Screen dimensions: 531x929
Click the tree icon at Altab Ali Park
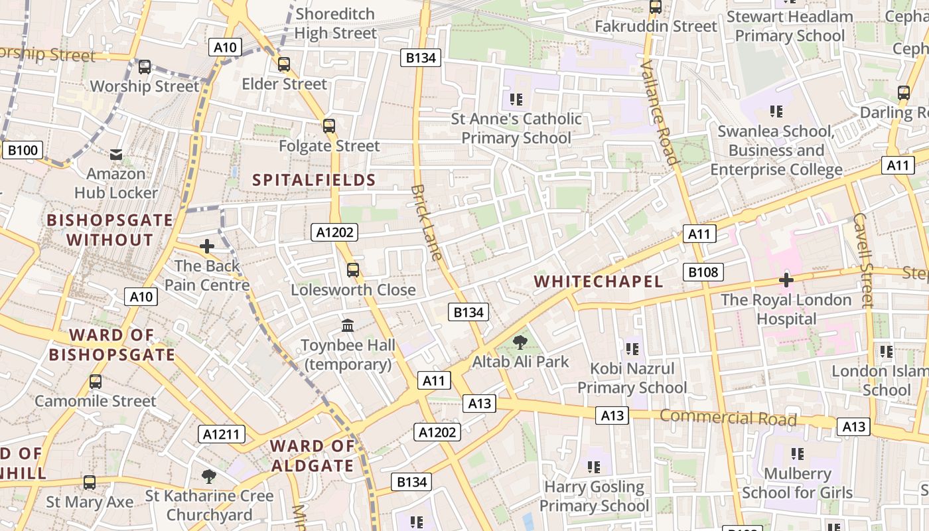(520, 342)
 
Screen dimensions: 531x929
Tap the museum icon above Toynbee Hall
(348, 325)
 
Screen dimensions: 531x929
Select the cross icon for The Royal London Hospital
(786, 280)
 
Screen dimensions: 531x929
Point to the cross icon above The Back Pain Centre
(207, 246)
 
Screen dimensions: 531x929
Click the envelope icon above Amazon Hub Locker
(117, 155)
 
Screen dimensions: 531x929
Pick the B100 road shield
(22, 150)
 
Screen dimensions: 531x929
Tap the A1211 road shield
(222, 434)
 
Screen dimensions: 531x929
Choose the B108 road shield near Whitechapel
(703, 271)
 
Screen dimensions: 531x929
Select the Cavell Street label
(865, 260)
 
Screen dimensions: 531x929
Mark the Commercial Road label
(728, 417)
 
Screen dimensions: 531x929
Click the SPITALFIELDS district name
(314, 180)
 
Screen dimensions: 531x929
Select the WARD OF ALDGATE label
(313, 455)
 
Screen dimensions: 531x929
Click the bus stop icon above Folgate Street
(329, 126)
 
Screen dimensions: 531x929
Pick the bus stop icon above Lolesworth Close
(353, 270)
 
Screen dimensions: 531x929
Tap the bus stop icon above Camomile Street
(96, 382)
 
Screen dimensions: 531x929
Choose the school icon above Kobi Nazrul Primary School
(632, 348)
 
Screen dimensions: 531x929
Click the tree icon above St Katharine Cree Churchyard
(209, 476)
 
